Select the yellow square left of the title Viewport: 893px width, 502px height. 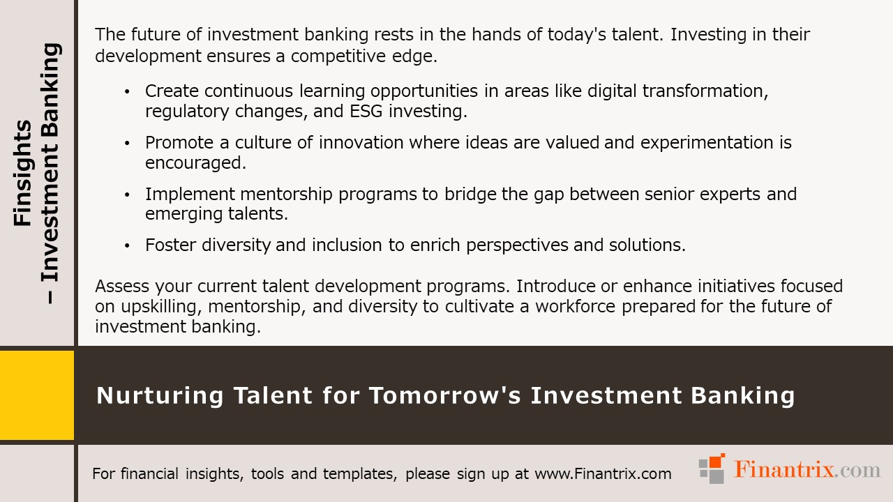click(36, 395)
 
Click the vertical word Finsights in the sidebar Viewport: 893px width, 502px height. click(23, 173)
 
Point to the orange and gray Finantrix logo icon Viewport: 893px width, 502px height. click(712, 469)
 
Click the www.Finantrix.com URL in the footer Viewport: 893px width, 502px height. click(603, 474)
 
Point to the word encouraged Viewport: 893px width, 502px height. click(195, 162)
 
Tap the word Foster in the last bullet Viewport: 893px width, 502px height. click(168, 245)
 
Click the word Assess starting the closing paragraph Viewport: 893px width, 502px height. click(119, 287)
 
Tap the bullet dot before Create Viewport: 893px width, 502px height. click(127, 91)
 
